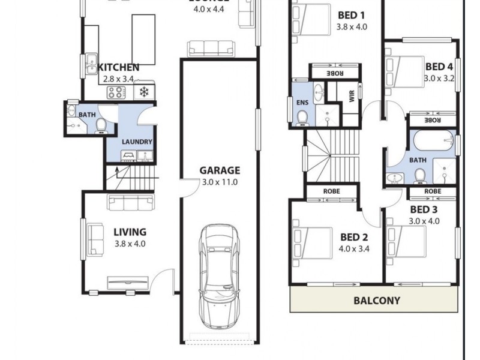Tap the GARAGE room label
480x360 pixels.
[220, 170]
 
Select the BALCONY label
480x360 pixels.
[376, 301]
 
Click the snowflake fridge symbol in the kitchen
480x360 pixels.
[144, 92]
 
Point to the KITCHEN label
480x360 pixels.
[118, 67]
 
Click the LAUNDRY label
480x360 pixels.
[137, 142]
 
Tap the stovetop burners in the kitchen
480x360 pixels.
[115, 92]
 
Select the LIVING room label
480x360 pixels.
[130, 232]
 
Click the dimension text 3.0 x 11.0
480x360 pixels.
[220, 182]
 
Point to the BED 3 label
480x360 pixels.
[424, 209]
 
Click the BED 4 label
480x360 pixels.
[439, 67]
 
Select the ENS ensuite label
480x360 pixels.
[302, 102]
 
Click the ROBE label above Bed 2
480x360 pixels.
[332, 192]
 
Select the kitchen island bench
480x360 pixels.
[144, 39]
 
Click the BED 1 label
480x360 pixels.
[351, 15]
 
